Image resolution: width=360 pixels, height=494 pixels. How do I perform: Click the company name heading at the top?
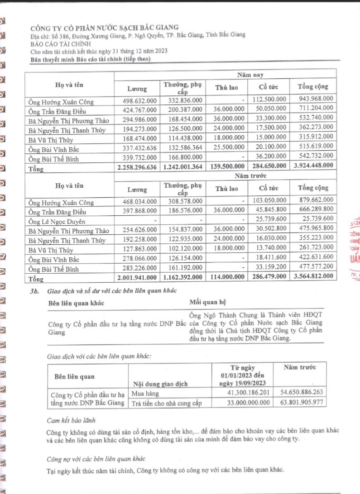point(104,27)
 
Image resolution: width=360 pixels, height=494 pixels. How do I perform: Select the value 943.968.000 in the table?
point(316,98)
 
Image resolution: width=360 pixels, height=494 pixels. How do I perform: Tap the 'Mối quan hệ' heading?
point(207,302)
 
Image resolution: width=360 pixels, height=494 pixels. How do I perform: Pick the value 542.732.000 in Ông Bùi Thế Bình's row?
point(316,156)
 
